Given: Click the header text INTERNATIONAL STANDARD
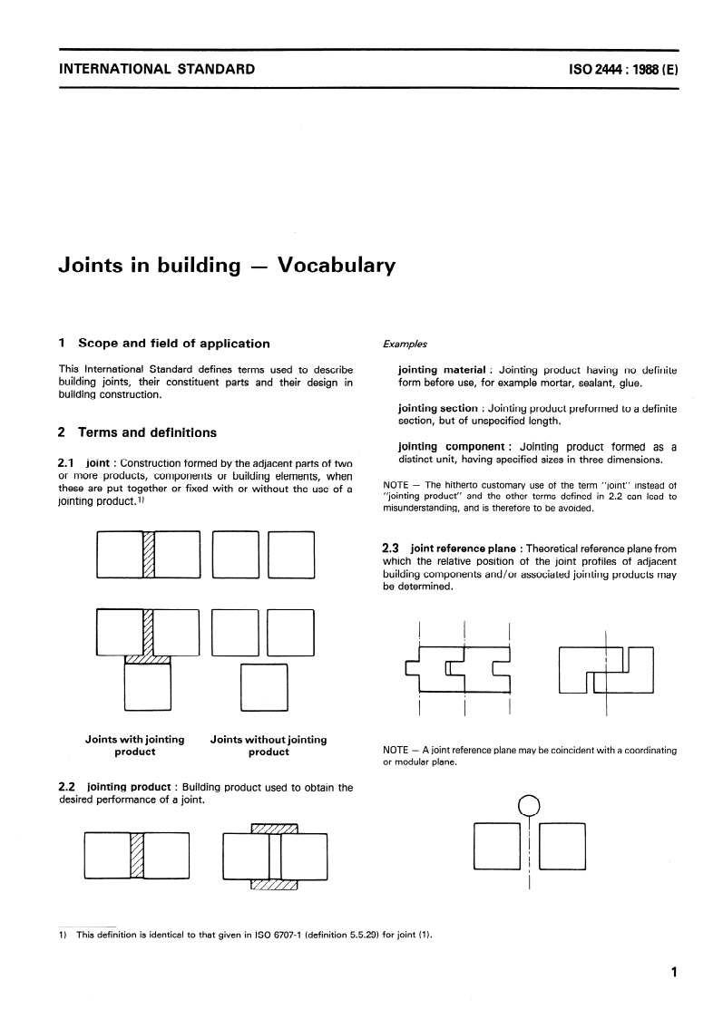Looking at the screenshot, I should click(x=156, y=69).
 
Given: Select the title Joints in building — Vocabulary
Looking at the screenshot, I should click(x=227, y=266).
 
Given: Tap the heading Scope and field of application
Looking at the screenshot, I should click(x=173, y=344).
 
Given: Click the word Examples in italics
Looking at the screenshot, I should click(x=405, y=345).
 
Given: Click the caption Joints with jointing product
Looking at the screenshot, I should click(x=135, y=745).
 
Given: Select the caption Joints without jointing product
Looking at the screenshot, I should click(x=269, y=745).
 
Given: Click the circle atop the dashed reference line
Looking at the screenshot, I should click(x=529, y=805).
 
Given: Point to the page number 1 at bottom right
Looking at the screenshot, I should click(x=673, y=974).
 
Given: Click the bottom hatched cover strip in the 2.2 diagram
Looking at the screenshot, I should click(x=275, y=884).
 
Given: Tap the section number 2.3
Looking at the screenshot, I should click(x=392, y=548).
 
